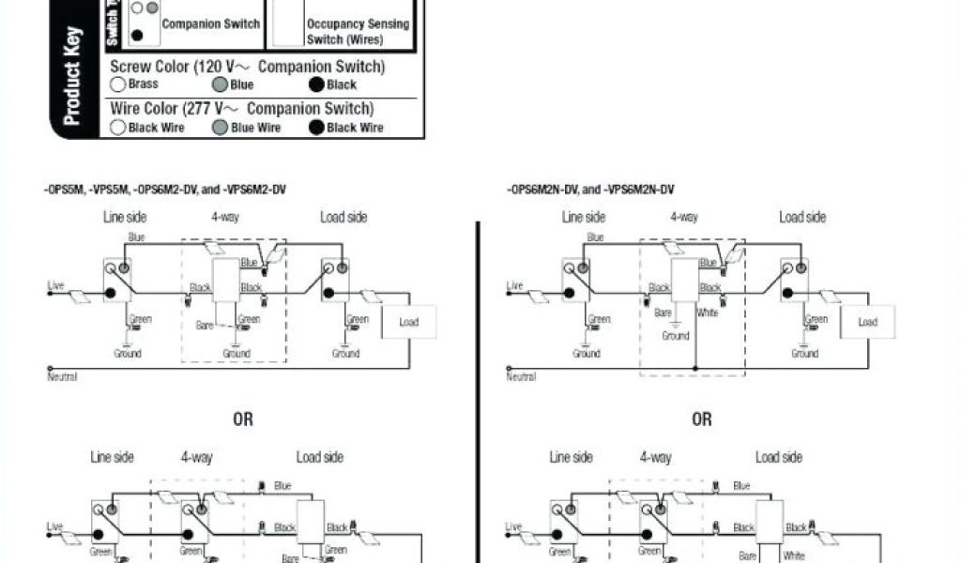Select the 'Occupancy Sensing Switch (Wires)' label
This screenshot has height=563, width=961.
point(358,32)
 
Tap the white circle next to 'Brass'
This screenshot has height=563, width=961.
point(118,84)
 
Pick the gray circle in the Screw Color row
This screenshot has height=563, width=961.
point(220,84)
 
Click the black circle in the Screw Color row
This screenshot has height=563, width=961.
point(317,84)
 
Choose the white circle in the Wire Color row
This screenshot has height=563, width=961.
point(118,128)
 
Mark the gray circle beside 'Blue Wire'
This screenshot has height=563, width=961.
point(220,128)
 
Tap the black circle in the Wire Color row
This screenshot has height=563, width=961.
point(317,128)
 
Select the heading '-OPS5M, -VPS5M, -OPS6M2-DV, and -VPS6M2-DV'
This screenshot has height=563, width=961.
point(165,190)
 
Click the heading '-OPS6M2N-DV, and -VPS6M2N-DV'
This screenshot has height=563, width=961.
point(591,190)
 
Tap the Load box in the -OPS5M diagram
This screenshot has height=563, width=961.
point(409,322)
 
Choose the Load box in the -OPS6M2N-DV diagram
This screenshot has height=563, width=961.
point(868,322)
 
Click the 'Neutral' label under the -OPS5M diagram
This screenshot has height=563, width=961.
point(62,376)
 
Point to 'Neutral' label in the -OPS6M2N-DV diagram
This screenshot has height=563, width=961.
point(521,376)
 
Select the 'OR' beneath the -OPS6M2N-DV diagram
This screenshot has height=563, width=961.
point(702,419)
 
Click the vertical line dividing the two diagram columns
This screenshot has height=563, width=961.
point(478,375)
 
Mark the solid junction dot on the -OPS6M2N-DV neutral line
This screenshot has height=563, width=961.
point(695,367)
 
